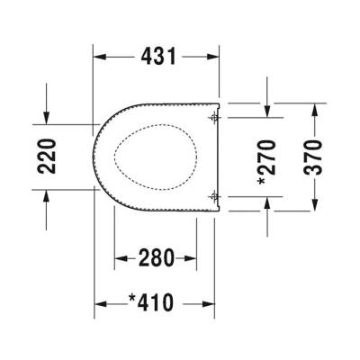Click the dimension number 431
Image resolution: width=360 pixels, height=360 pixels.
point(157,56)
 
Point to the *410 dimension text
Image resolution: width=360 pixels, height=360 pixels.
point(157,300)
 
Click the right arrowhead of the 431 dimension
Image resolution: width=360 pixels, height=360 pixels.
point(214,56)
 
